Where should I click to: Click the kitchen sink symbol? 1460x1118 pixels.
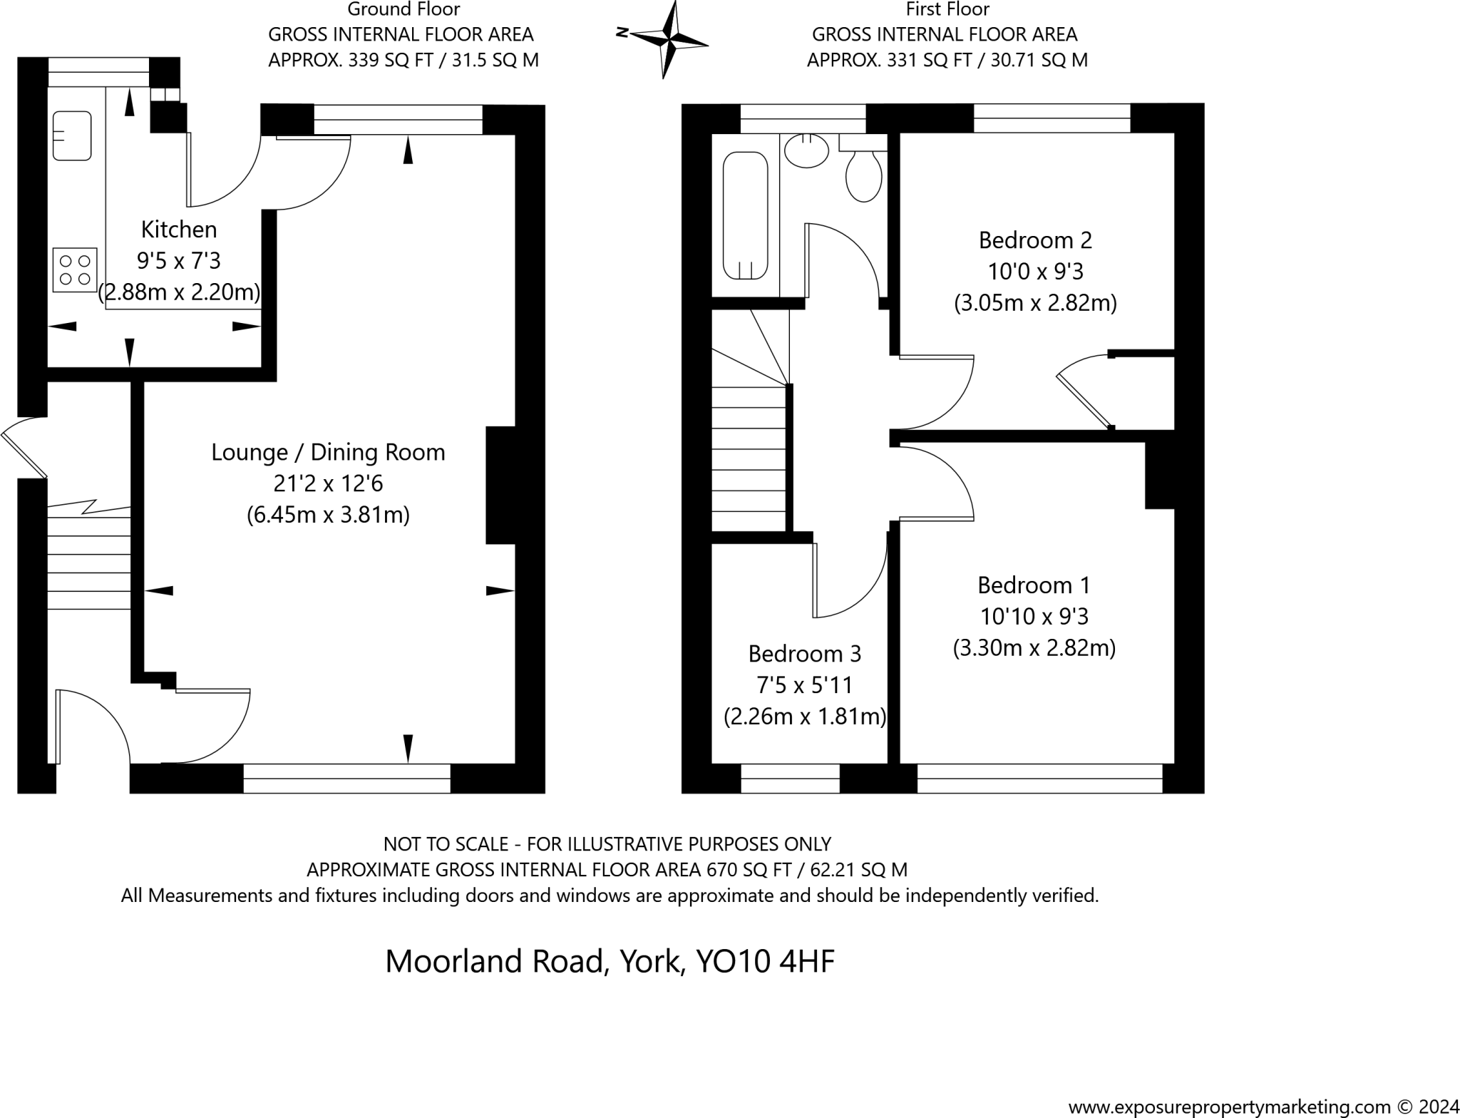coord(72,135)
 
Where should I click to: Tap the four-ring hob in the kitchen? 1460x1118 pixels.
coord(75,270)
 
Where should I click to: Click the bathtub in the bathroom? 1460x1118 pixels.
coord(745,215)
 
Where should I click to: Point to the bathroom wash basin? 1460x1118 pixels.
coord(806,151)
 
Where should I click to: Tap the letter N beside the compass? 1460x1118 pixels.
coord(622,32)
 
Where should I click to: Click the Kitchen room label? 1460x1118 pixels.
coord(179,230)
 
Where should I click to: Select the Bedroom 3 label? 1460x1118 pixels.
coord(804,654)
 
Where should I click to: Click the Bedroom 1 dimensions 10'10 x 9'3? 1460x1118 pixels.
coord(1034,616)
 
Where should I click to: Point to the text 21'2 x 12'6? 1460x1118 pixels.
coord(328,483)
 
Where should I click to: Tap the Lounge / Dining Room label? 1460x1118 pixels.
coord(328,452)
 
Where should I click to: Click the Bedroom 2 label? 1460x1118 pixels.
coord(1034,240)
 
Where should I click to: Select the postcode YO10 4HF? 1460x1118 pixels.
coord(765,961)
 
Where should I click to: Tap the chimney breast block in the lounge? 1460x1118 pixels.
coord(500,486)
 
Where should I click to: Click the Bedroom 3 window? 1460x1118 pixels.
coord(790,779)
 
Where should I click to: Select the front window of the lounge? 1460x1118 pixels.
coord(346,779)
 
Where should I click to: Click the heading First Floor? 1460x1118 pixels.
coord(947,9)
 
